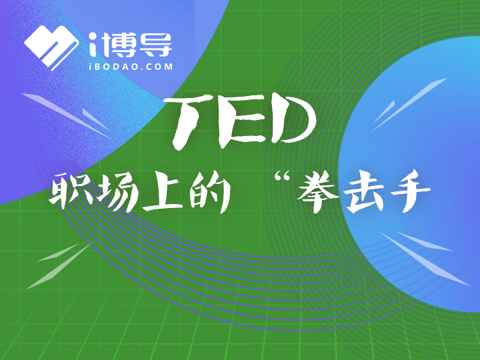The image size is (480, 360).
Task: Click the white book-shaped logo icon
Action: (50, 47)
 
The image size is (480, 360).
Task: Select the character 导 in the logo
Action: (155, 45)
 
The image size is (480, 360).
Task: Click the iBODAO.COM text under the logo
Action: (131, 67)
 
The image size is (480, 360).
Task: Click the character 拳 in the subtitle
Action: (318, 191)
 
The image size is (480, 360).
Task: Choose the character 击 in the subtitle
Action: (364, 192)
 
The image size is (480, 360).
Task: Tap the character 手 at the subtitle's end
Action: (409, 191)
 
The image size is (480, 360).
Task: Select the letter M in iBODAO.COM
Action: (168, 67)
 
